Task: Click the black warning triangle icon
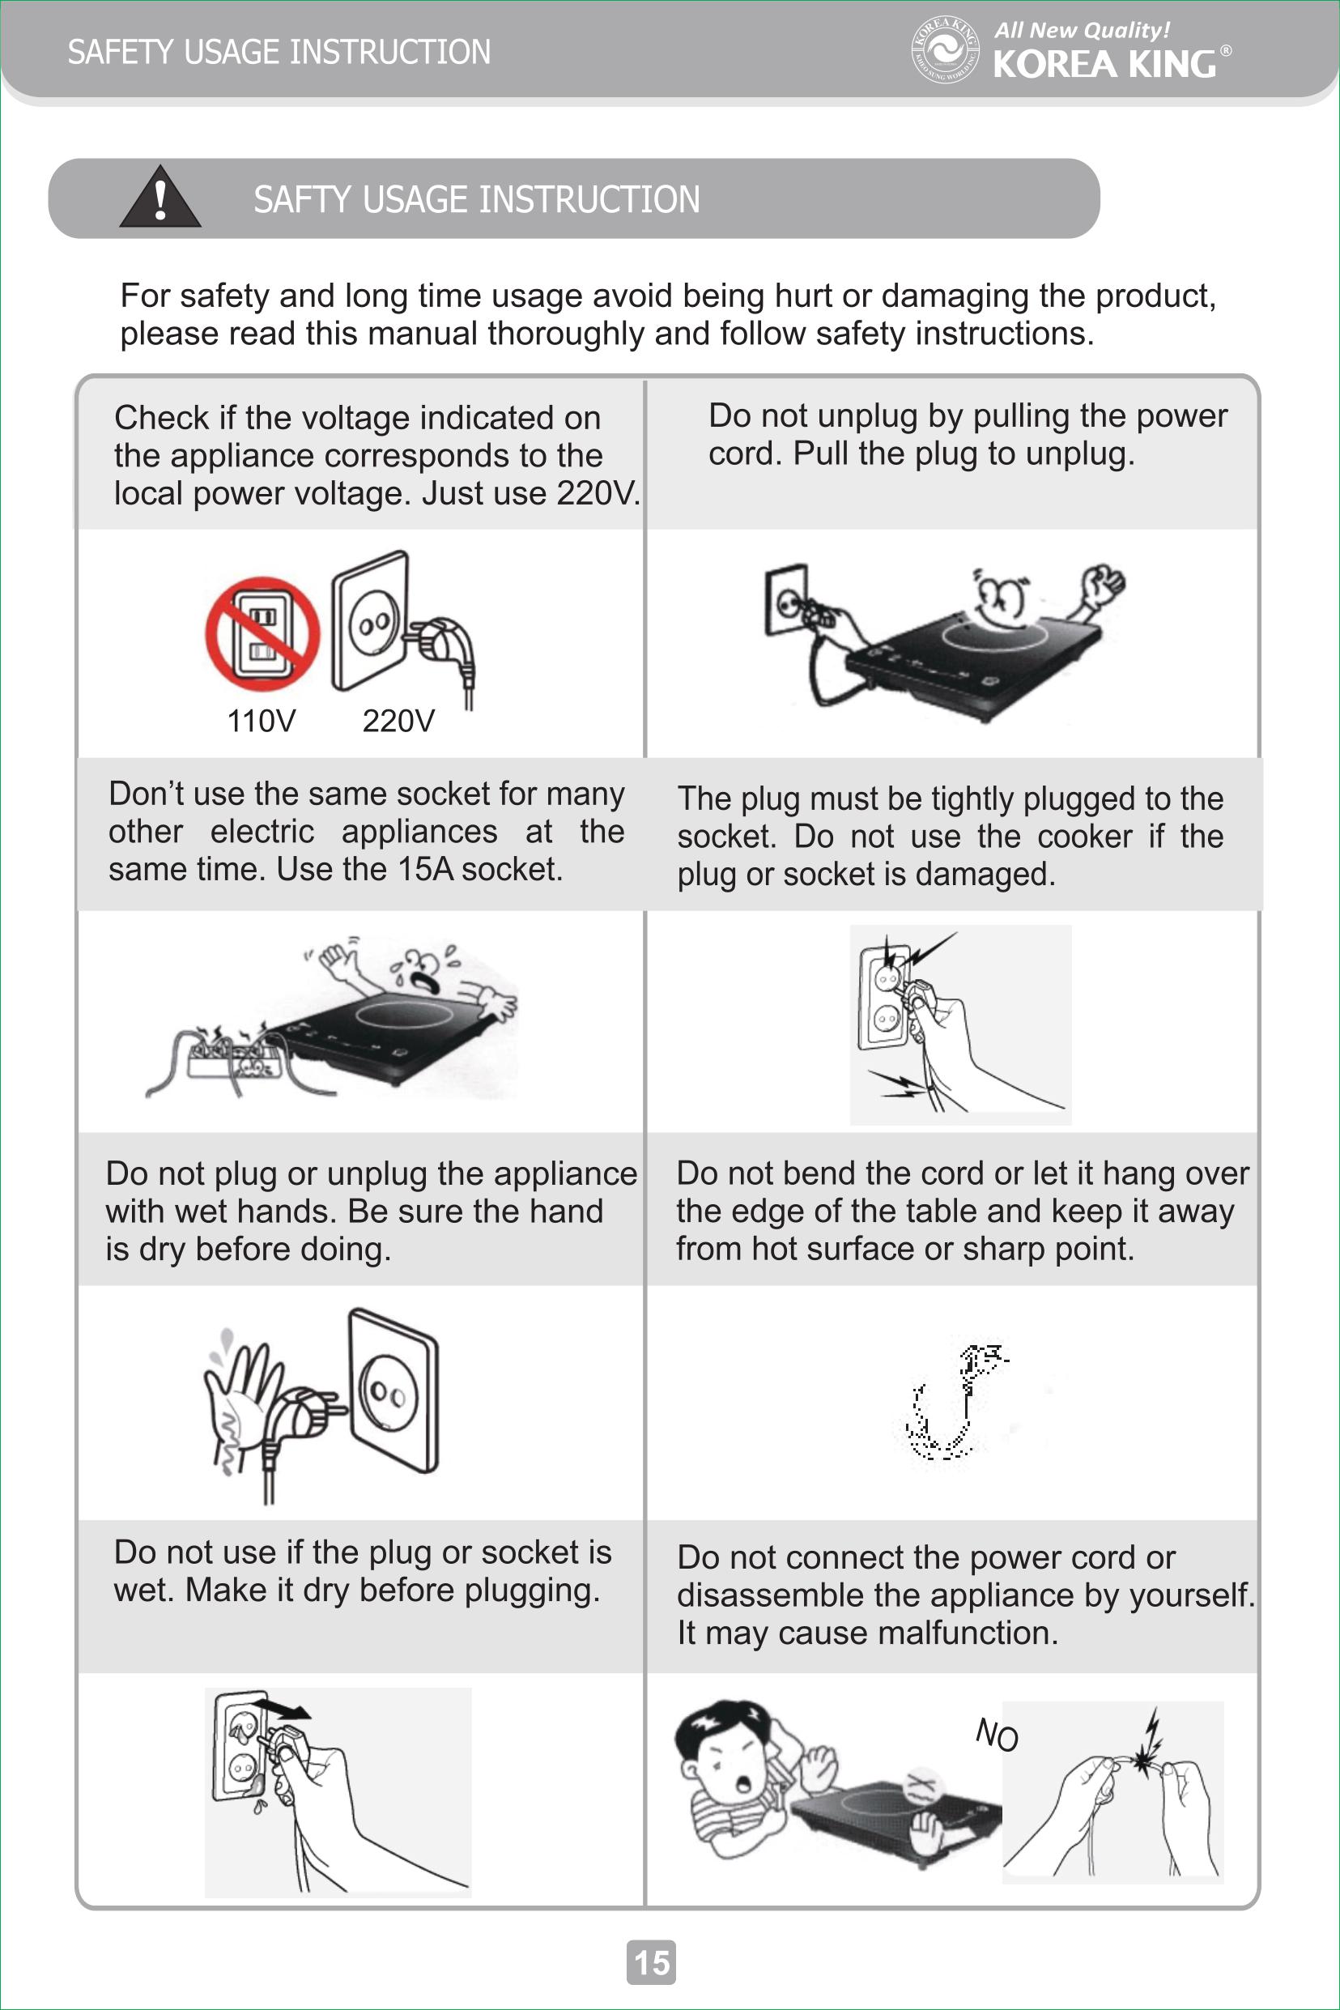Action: coord(160,198)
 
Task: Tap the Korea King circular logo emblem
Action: coord(944,49)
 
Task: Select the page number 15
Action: coord(651,1962)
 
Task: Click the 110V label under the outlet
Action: coord(261,721)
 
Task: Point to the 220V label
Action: coord(398,721)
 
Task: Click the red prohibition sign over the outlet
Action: coord(262,633)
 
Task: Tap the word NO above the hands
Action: coord(997,1735)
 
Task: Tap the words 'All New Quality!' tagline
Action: coord(1082,30)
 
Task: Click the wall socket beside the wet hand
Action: coord(393,1391)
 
